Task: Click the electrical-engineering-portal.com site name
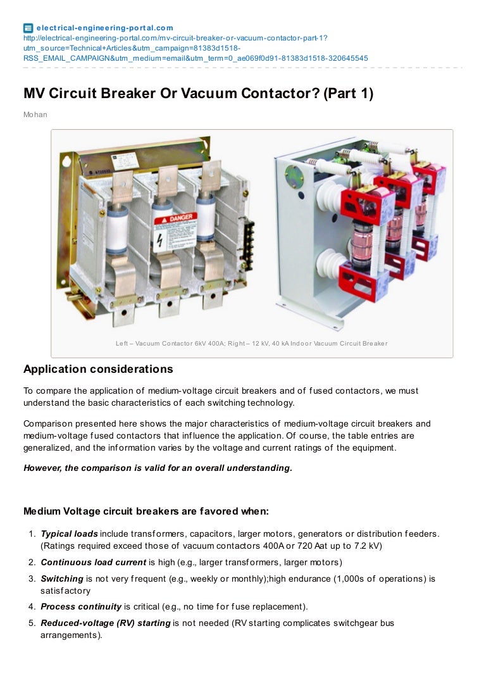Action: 104,28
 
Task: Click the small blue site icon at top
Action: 28,28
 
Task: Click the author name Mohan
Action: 35,115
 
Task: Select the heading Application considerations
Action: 98,369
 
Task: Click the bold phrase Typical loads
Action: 69,534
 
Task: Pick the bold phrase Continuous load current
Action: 93,562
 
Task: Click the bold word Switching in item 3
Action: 62,579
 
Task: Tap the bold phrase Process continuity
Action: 81,606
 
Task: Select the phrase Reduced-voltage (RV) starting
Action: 105,623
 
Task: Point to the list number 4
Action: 31,606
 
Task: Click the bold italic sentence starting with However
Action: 158,468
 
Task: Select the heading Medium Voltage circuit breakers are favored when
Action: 146,511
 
